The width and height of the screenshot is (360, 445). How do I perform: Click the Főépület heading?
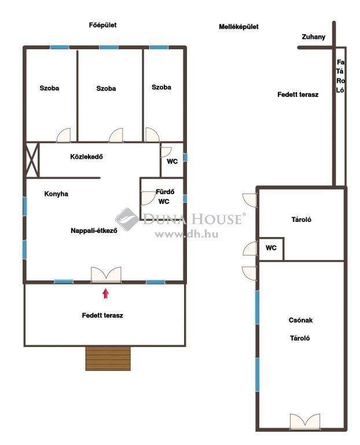click(x=102, y=25)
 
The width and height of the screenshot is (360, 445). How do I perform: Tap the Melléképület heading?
click(x=238, y=27)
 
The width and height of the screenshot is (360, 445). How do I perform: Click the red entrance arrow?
click(x=106, y=293)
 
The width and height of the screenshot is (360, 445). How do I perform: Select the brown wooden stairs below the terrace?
click(x=108, y=358)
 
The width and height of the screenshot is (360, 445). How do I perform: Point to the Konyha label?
click(x=56, y=194)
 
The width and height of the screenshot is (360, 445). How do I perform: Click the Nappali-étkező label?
click(x=94, y=231)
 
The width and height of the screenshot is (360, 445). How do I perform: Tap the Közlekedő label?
click(x=86, y=156)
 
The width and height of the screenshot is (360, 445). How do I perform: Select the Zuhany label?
click(x=313, y=37)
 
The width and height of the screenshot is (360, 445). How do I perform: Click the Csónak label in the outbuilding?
click(x=300, y=320)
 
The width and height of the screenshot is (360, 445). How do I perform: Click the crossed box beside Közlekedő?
click(x=32, y=161)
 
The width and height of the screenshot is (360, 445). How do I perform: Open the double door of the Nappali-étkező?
click(x=106, y=275)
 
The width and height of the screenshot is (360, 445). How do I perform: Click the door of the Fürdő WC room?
click(x=148, y=198)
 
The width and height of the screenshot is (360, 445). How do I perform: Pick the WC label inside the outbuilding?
click(x=271, y=248)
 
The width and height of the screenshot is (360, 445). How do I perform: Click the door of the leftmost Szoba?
click(x=64, y=135)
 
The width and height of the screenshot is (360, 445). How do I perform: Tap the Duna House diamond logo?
click(x=127, y=219)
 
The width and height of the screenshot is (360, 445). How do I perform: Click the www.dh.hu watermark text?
click(x=186, y=234)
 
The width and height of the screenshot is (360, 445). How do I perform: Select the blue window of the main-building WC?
click(x=185, y=157)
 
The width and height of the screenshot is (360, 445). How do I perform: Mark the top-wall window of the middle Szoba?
click(x=109, y=47)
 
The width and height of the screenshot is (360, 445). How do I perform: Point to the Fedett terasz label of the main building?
click(x=102, y=315)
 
